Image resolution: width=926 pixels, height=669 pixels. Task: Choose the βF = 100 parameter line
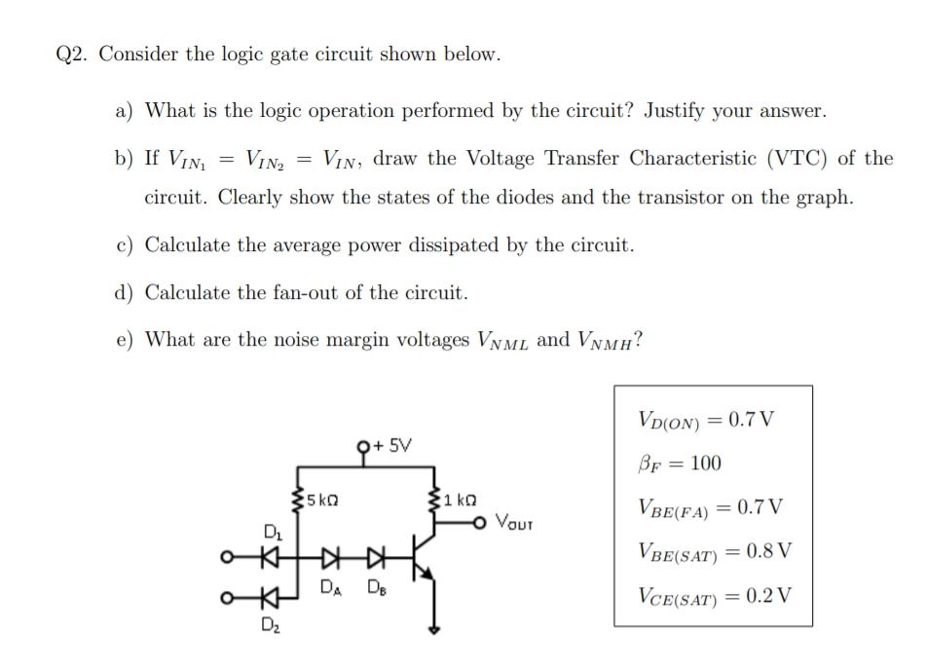[x=679, y=463]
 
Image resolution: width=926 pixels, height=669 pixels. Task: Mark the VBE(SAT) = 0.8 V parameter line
[x=713, y=550]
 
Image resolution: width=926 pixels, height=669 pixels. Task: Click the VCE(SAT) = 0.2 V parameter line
[x=713, y=593]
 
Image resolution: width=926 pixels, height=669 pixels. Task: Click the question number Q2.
[x=72, y=55]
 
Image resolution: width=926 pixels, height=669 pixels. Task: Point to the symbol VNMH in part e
[x=606, y=341]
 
